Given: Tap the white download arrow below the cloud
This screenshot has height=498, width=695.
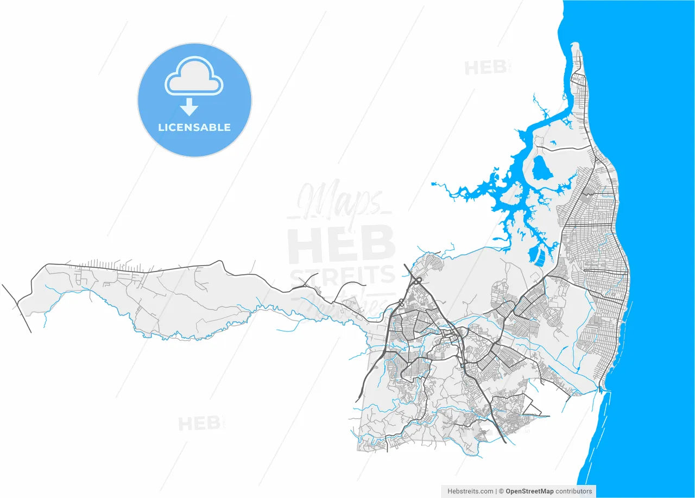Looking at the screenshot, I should pyautogui.click(x=189, y=108).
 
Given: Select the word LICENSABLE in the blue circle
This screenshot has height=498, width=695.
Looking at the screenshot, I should pyautogui.click(x=194, y=128).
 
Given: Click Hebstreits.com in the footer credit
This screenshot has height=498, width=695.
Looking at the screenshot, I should pyautogui.click(x=470, y=491).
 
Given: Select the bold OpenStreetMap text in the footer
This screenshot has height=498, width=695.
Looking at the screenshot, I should pyautogui.click(x=529, y=491).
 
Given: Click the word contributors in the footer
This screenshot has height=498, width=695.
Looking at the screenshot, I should pyautogui.click(x=574, y=491).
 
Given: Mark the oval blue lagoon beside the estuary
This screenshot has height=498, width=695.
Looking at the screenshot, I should pyautogui.click(x=541, y=169).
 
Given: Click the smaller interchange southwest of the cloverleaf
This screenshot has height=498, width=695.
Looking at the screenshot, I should pyautogui.click(x=401, y=301).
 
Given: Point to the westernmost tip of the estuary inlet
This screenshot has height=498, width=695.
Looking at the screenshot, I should pyautogui.click(x=433, y=184).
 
